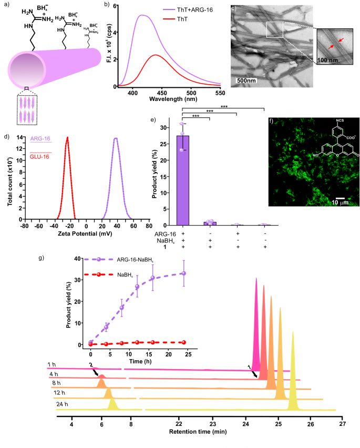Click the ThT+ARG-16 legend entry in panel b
coord(184,11)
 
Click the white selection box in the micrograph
coord(274,29)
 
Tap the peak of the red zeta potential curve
coord(67,138)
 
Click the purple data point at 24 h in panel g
coord(183,273)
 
